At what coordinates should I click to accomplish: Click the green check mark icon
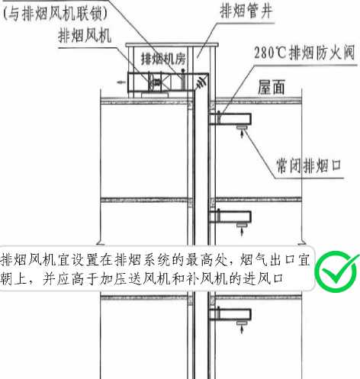(336, 271)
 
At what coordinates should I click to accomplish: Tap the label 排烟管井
(246, 11)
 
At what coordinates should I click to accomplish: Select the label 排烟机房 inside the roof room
(163, 59)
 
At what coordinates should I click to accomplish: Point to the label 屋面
(271, 87)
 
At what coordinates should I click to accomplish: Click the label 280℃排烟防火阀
(304, 53)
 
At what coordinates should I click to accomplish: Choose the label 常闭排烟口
(308, 165)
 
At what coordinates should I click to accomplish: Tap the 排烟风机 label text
(85, 35)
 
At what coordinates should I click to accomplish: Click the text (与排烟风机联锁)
(56, 13)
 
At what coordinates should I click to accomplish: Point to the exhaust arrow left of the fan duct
(121, 82)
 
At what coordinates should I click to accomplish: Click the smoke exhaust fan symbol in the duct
(156, 82)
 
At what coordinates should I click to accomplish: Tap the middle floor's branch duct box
(230, 217)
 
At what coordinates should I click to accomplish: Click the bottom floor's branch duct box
(230, 314)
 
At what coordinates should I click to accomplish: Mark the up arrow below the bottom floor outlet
(242, 329)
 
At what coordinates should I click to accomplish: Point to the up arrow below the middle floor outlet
(242, 232)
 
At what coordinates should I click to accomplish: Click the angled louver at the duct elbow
(201, 82)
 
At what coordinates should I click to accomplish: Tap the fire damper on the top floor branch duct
(218, 117)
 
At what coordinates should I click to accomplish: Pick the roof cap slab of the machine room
(172, 45)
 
